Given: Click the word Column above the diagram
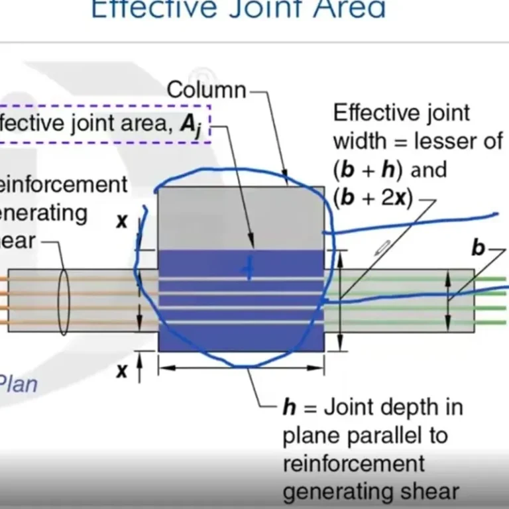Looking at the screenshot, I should point(206,89).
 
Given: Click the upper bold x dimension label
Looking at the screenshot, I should point(122,221).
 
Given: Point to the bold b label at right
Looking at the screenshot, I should point(478,248).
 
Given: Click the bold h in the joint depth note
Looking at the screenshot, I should point(290,407).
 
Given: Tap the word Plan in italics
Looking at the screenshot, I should point(18,384).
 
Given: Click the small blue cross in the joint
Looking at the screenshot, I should point(249,268).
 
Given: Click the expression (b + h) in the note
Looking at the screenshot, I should point(369,170).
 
